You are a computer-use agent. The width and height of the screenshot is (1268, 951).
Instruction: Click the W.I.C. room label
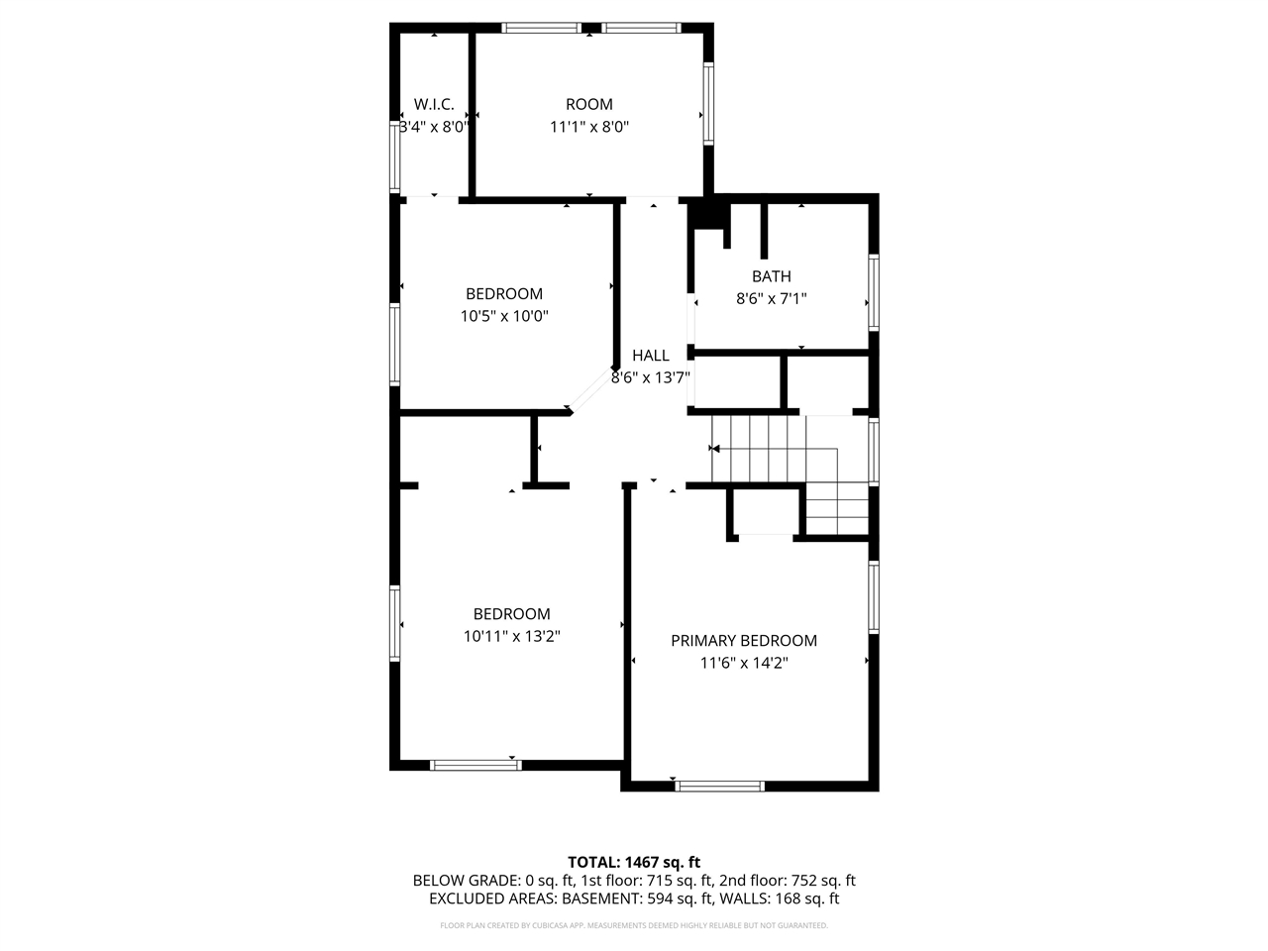434,104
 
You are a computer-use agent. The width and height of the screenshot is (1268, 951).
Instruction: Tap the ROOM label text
589,104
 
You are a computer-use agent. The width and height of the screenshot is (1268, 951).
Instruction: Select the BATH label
772,276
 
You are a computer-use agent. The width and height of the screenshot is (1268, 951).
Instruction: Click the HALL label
651,355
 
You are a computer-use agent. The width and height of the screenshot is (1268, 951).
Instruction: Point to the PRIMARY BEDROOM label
744,641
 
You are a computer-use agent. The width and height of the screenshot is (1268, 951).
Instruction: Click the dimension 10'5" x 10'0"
504,317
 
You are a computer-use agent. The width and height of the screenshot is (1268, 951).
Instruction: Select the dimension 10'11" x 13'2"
512,637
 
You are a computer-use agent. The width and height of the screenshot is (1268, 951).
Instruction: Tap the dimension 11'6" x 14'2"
744,664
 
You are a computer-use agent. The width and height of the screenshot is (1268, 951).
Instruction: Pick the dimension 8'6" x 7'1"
772,298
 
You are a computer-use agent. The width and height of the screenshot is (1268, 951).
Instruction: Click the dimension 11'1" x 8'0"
589,127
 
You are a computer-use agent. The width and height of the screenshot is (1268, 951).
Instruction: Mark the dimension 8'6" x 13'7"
651,377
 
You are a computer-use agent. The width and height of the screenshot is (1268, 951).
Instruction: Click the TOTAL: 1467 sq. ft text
634,862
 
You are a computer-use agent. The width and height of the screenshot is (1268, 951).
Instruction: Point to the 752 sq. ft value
820,880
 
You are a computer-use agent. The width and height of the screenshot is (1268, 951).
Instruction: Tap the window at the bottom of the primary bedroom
720,787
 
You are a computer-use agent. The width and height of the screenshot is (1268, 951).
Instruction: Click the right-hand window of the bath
874,292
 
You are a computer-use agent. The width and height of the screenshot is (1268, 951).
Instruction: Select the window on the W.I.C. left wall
394,157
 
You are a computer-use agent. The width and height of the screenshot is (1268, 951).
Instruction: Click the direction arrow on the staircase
714,449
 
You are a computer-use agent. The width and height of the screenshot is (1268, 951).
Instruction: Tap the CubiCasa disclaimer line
634,925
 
